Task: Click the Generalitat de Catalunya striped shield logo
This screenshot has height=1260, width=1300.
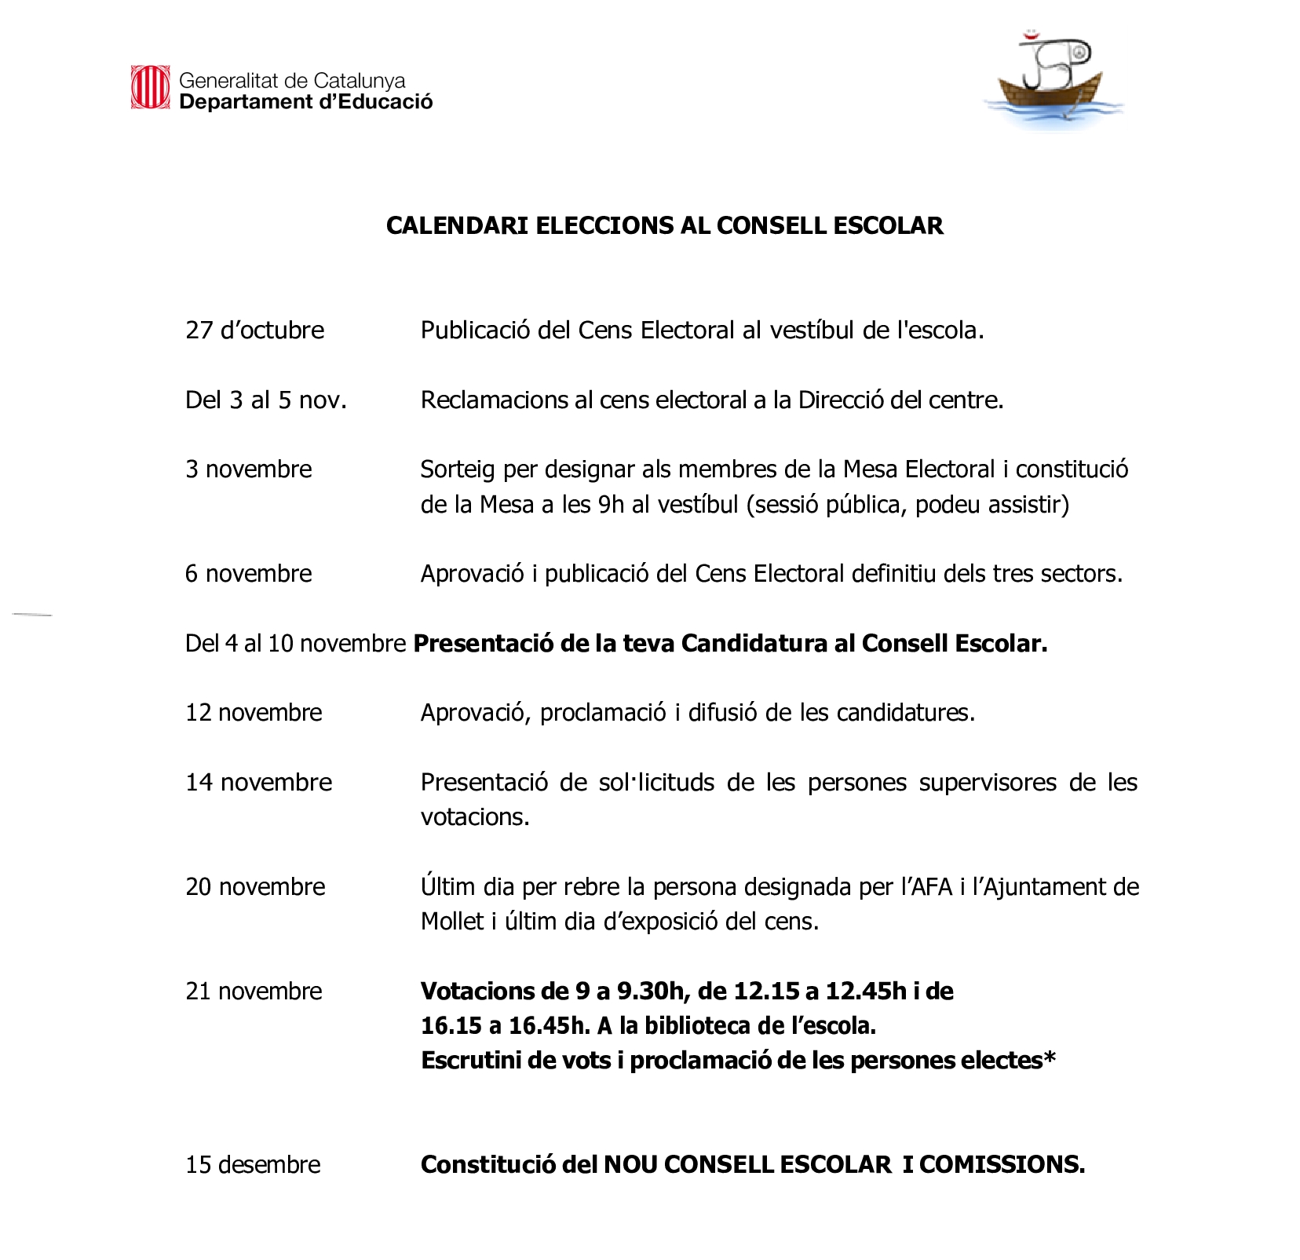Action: [150, 87]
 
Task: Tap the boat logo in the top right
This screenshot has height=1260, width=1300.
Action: [1052, 82]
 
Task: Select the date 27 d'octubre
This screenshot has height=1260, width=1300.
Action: [254, 331]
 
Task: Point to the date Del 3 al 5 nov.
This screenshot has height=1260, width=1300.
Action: [265, 400]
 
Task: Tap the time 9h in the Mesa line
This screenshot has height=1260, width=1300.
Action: [611, 504]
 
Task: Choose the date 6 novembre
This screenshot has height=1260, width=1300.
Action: [248, 574]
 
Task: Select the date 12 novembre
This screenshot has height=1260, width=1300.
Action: [254, 713]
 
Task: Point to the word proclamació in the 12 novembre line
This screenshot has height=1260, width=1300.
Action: [603, 713]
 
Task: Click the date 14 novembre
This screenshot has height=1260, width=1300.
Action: [258, 783]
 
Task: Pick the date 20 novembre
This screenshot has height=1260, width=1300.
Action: [255, 887]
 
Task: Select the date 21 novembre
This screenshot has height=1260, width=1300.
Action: [254, 992]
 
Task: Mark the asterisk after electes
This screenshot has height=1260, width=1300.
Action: [1050, 1058]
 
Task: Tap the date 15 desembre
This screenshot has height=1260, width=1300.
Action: [253, 1165]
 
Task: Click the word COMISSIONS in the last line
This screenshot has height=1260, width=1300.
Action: [1002, 1165]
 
